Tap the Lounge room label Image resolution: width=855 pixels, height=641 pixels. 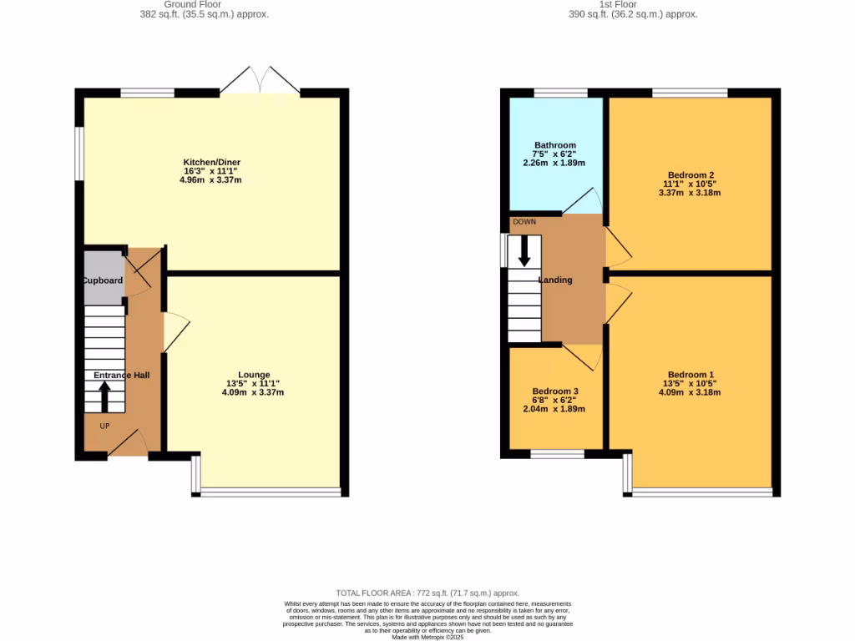254,375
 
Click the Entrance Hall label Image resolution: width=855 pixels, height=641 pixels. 121,376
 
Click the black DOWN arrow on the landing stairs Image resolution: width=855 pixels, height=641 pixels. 524,250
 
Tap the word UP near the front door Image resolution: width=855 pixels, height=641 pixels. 104,426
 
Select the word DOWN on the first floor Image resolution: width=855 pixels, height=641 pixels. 524,222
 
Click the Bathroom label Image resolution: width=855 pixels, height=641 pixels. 555,145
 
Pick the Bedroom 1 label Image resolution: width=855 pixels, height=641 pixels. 691,375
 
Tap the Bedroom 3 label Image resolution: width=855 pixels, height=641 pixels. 555,391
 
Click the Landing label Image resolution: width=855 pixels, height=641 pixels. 555,280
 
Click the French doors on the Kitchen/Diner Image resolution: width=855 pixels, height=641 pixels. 261,79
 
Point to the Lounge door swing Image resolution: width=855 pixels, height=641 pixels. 176,331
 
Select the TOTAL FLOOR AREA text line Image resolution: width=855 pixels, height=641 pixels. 427,593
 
